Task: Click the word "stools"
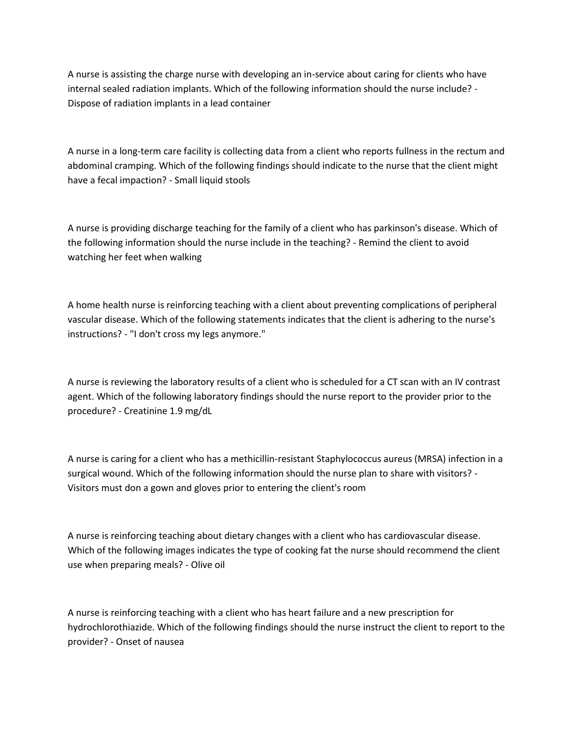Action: click(x=238, y=180)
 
